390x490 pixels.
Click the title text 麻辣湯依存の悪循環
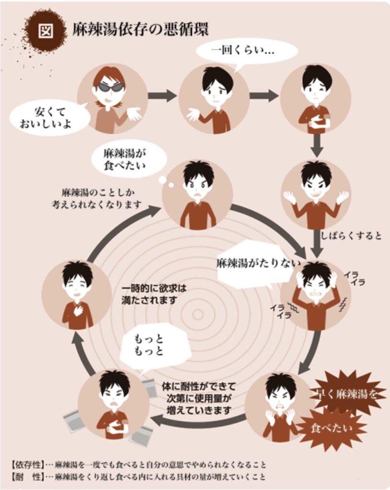click(x=140, y=30)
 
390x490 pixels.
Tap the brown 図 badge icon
click(x=46, y=30)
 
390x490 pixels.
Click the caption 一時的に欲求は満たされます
click(x=153, y=294)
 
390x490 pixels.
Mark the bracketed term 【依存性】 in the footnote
click(x=27, y=465)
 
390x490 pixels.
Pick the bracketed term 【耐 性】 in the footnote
click(x=27, y=477)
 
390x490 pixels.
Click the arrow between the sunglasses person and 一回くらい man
click(x=162, y=96)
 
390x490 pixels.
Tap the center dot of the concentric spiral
click(x=197, y=314)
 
